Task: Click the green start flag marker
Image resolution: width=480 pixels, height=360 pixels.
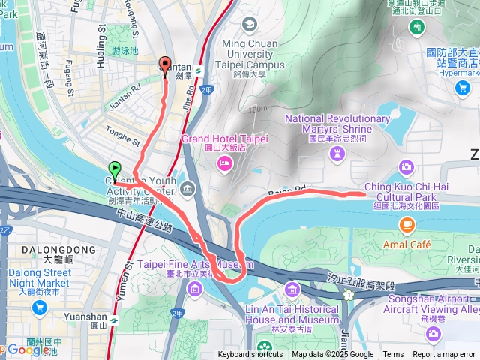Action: pyautogui.click(x=115, y=169)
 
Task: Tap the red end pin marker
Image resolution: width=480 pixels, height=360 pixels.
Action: pyautogui.click(x=166, y=64)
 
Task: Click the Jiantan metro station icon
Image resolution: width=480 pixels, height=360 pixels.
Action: pyautogui.click(x=198, y=70)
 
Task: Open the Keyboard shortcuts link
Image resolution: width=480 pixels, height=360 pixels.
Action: pyautogui.click(x=250, y=355)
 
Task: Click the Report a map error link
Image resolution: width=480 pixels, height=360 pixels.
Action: pyautogui.click(x=444, y=355)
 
